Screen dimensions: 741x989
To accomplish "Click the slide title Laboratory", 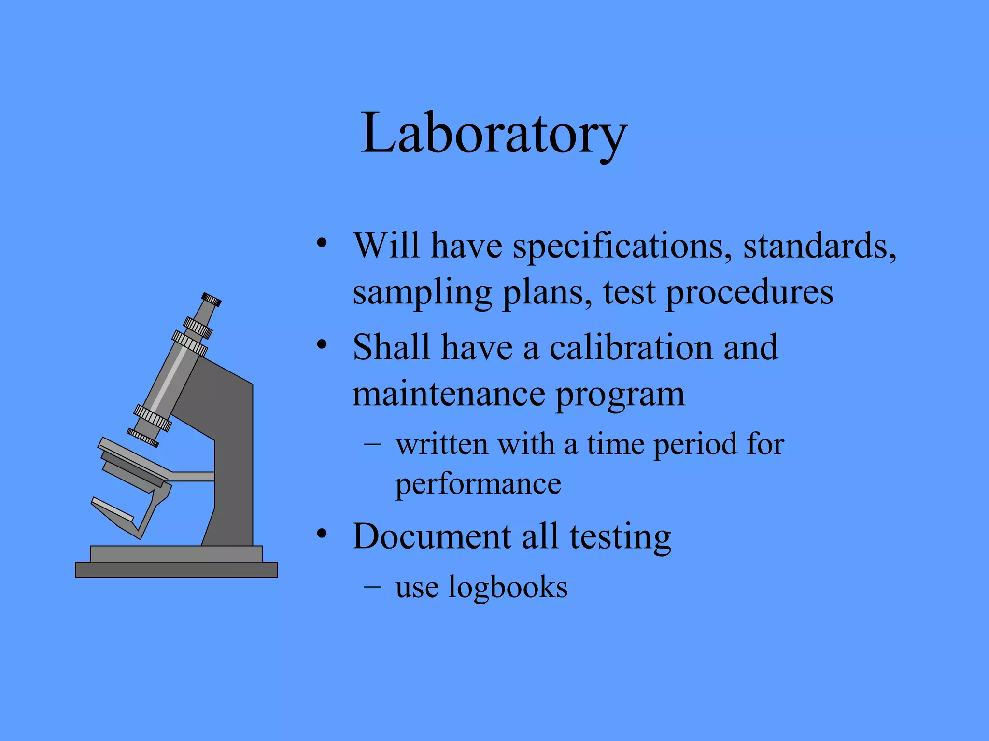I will [494, 133].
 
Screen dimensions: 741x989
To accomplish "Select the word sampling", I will [422, 292].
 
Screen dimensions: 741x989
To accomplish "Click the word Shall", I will [391, 347].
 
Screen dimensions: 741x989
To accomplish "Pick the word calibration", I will [630, 347].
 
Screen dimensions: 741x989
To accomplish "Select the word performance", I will [478, 484].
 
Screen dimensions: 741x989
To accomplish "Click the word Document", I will [432, 536].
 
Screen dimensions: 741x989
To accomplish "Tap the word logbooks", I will [508, 588].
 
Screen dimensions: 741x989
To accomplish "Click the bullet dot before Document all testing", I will [322, 535].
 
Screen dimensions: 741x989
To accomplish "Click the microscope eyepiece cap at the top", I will [212, 300].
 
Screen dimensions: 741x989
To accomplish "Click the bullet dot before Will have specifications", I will [322, 243].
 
